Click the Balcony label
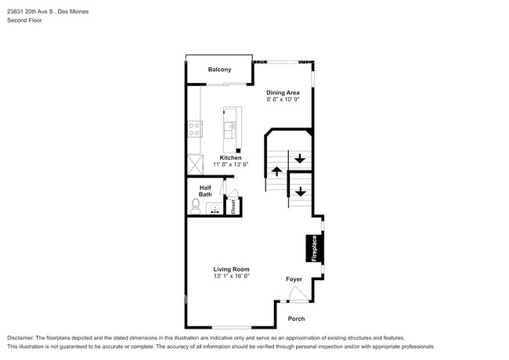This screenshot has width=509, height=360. point(219,70)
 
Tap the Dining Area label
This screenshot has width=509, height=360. point(283,93)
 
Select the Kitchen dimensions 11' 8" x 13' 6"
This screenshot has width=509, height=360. point(230,164)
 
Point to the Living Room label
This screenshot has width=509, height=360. point(231,269)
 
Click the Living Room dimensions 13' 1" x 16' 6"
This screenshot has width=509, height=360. point(231,276)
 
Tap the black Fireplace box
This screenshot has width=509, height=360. point(314,248)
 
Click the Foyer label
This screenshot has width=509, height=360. point(294,279)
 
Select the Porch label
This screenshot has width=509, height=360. point(296,319)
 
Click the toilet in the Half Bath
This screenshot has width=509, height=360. point(196,207)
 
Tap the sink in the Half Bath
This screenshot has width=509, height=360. point(215,208)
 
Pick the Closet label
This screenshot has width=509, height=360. point(233,207)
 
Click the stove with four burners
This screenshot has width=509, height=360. point(195,129)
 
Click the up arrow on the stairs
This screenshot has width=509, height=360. point(276,171)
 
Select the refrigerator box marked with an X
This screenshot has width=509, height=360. point(196,165)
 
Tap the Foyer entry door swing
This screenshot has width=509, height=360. point(298,295)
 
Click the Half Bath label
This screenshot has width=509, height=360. point(205,191)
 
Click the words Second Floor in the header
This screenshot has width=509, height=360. point(24,20)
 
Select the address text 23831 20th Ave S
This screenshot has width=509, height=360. point(31,12)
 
